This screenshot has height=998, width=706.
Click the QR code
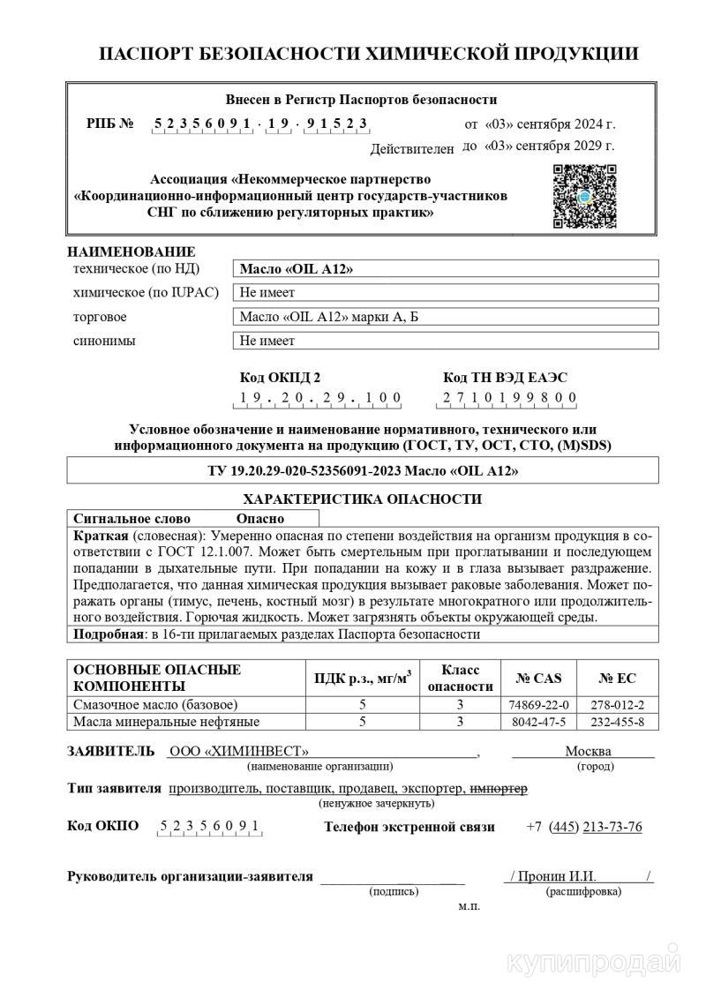click(583, 196)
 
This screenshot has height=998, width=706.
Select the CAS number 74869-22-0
click(539, 704)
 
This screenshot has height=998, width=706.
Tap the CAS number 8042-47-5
click(539, 722)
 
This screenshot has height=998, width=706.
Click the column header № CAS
click(539, 678)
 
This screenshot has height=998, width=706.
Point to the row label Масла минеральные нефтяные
click(166, 722)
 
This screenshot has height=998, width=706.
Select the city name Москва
click(588, 751)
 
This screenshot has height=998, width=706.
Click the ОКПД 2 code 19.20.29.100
click(320, 398)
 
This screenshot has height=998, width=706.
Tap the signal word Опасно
click(260, 519)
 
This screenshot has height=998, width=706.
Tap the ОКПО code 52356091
click(209, 827)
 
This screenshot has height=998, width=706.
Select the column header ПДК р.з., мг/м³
click(363, 678)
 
